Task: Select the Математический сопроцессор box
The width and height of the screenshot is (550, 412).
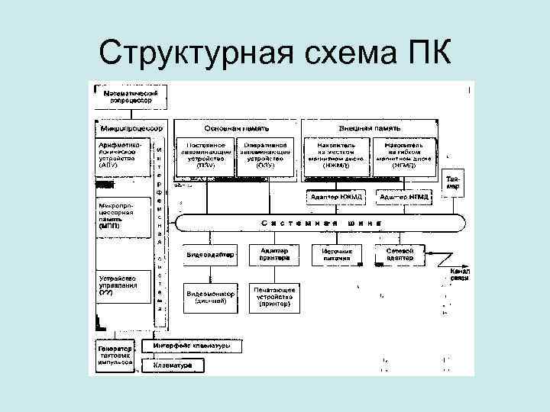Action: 128,95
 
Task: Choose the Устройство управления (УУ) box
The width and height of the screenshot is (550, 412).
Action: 121,284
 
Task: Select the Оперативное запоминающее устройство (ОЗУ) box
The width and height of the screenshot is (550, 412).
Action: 265,154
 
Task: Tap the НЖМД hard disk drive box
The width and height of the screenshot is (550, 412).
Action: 335,154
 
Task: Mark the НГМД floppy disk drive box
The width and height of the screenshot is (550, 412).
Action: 405,154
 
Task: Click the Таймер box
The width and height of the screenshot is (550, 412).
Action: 454,184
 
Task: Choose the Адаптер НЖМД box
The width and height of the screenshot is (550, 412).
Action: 336,198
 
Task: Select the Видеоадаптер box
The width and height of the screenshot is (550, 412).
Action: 209,254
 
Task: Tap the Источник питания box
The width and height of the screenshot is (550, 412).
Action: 337,254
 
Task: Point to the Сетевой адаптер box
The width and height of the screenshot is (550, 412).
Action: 401,254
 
